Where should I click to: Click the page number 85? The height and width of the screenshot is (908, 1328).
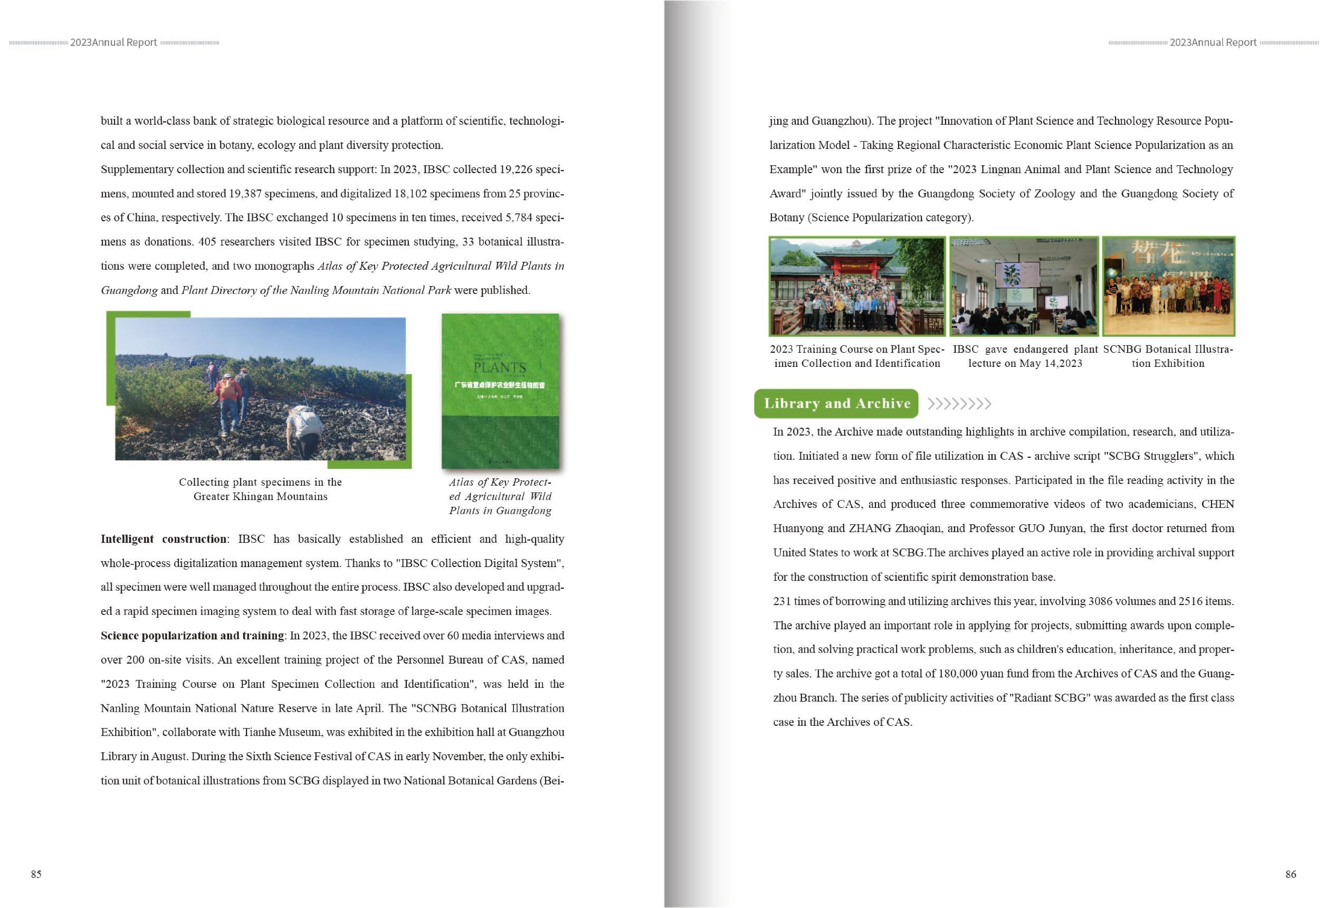pos(36,874)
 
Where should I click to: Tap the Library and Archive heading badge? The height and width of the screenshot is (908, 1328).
pos(836,404)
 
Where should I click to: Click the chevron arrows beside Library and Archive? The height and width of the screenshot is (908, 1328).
pos(959,404)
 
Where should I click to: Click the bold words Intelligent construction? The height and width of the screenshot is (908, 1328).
pos(164,539)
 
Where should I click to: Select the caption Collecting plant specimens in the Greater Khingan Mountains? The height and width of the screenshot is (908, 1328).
pos(261,489)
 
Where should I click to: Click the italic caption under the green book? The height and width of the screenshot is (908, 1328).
pos(500,496)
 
